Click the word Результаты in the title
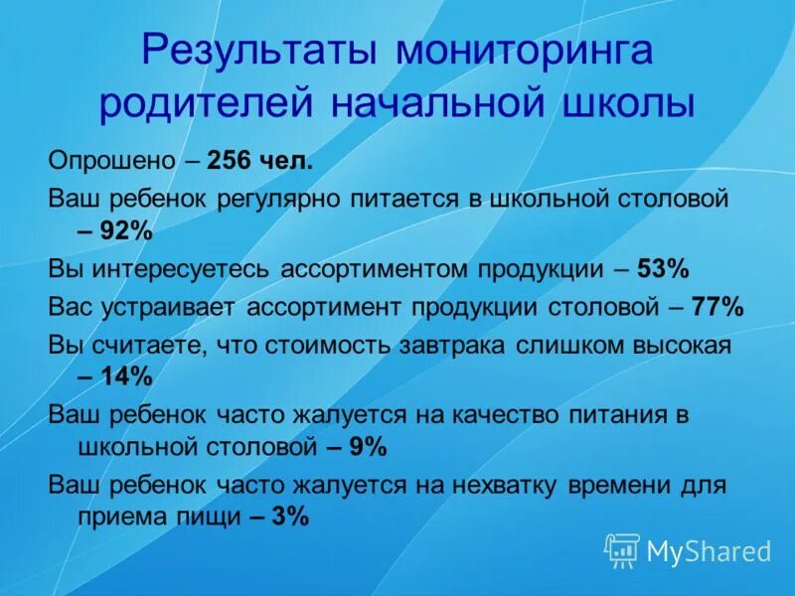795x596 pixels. tap(260, 52)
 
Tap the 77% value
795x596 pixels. tap(717, 306)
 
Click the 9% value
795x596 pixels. tap(367, 448)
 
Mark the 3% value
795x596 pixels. tap(289, 518)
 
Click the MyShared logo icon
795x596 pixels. tap(622, 548)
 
